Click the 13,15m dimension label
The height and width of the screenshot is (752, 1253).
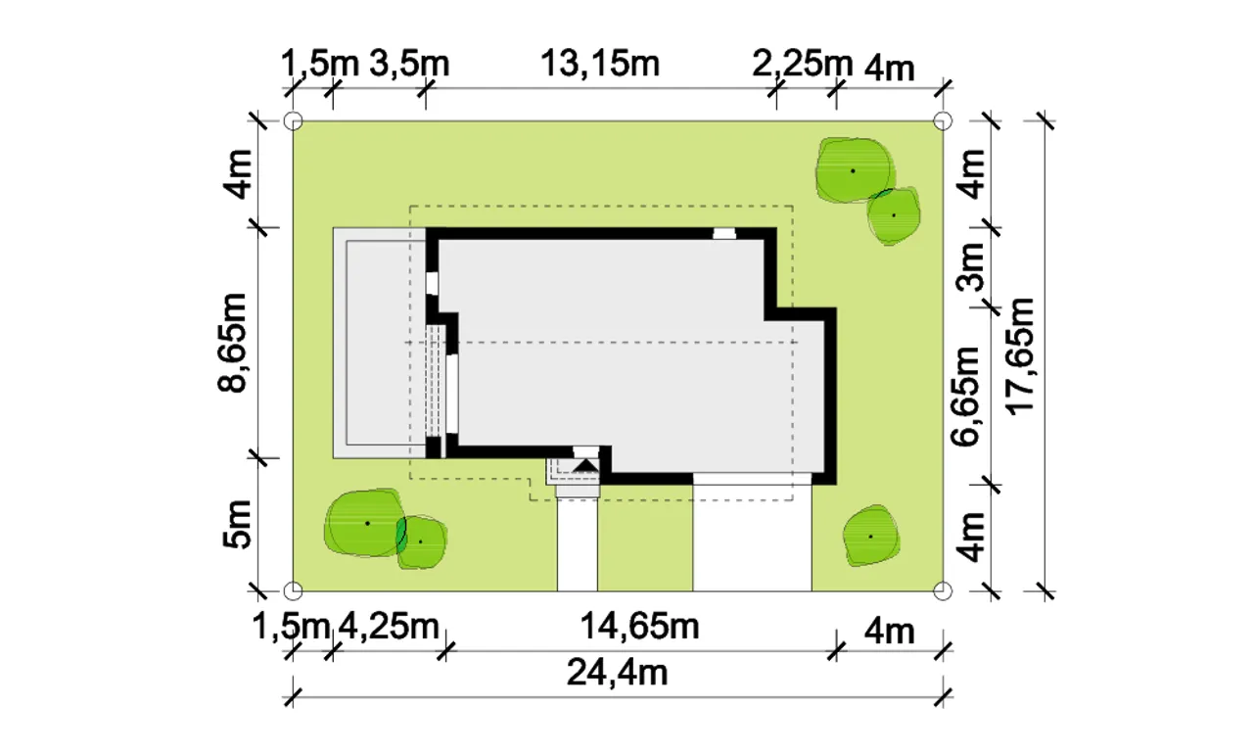[x=600, y=64]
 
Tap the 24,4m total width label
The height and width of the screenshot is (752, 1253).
[x=617, y=673]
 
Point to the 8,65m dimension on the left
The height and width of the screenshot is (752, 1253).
[x=232, y=343]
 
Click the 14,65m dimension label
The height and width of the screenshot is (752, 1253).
[x=640, y=626]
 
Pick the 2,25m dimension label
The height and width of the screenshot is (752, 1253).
[x=802, y=64]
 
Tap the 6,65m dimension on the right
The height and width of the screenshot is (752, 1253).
[x=965, y=397]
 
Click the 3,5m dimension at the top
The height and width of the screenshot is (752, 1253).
[x=409, y=64]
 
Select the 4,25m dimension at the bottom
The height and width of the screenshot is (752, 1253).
[x=389, y=626]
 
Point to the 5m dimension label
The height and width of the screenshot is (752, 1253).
[x=237, y=524]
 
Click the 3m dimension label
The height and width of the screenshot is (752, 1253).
[x=970, y=266]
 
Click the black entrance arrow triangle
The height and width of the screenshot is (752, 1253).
[x=586, y=465]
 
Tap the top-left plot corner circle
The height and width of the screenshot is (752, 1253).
[x=293, y=120]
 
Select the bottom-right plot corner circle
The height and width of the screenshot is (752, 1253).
[x=943, y=590]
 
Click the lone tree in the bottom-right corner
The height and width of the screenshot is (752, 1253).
[x=871, y=536]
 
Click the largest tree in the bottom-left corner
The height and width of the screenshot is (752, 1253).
[x=365, y=523]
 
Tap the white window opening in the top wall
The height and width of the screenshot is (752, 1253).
[x=724, y=233]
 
